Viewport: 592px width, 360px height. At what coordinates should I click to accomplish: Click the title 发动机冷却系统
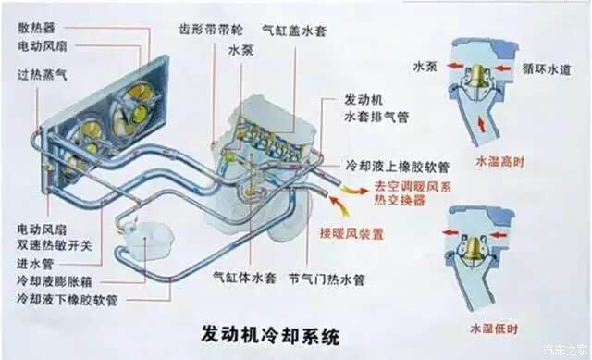point(270,334)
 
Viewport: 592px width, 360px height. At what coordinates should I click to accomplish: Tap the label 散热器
point(37,28)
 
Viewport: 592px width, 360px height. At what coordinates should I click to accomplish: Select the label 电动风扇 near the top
point(43,46)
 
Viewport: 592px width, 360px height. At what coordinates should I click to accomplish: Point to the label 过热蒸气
point(43,75)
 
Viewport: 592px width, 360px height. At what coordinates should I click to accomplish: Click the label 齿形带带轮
point(211,30)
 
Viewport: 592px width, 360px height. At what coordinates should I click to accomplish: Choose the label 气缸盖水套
point(294,31)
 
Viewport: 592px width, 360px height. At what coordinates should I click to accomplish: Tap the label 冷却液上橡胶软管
point(397,167)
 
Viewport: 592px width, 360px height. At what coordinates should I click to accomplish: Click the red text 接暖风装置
point(351,233)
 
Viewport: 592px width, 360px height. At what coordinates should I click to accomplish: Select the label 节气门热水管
point(327,279)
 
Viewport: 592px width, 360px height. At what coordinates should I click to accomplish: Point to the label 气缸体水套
point(244,279)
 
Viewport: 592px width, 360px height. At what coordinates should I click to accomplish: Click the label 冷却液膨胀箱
point(55,281)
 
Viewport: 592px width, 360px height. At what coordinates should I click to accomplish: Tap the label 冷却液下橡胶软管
point(68,300)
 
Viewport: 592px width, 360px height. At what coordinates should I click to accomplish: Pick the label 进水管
point(35,264)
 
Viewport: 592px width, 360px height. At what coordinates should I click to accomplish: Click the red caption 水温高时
point(500,162)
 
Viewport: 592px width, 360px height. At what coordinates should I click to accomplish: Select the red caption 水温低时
point(494,329)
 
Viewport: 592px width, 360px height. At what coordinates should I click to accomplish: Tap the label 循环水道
point(547,69)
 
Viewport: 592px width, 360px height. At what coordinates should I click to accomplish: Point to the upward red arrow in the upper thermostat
point(481,125)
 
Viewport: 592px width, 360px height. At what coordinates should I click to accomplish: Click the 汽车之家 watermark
point(565,350)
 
